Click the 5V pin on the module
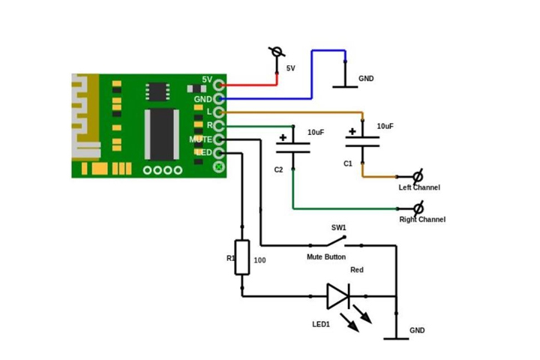[219, 85]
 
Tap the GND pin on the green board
[219, 98]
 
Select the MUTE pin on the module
[219, 139]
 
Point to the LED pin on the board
[219, 153]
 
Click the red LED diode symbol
[338, 295]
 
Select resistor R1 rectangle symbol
[241, 257]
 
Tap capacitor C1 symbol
[362, 142]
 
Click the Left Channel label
[418, 187]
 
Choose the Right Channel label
[421, 220]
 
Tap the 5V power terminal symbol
[277, 52]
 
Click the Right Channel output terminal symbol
[418, 207]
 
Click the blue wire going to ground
[310, 75]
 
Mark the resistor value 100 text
[260, 261]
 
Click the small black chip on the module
[157, 91]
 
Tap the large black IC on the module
[160, 134]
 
